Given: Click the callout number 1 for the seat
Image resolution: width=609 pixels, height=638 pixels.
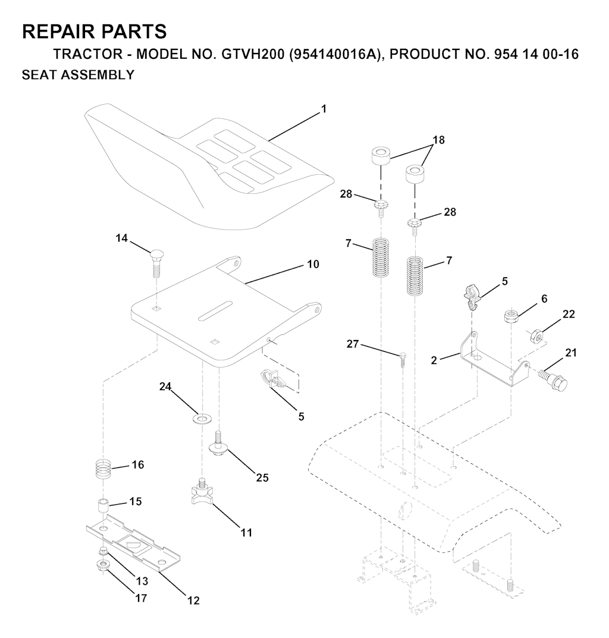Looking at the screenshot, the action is pyautogui.click(x=324, y=109).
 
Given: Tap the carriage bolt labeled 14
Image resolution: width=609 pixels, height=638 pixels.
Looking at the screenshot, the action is pyautogui.click(x=156, y=264).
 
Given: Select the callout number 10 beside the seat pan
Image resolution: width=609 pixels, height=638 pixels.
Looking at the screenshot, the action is pyautogui.click(x=313, y=264).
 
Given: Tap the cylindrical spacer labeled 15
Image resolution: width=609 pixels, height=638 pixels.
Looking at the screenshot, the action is pyautogui.click(x=102, y=507).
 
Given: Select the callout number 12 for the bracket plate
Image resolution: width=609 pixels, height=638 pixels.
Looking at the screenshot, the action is pyautogui.click(x=193, y=600).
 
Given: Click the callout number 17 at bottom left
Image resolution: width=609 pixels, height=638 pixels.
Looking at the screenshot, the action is pyautogui.click(x=141, y=598).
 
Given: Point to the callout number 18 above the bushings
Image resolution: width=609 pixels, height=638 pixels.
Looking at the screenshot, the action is pyautogui.click(x=438, y=140).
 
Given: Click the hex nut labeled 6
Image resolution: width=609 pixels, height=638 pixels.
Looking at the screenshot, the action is pyautogui.click(x=510, y=316).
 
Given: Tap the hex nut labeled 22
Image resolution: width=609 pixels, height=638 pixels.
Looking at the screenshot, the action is pyautogui.click(x=536, y=336).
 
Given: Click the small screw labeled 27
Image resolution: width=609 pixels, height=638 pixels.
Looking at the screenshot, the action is pyautogui.click(x=402, y=360).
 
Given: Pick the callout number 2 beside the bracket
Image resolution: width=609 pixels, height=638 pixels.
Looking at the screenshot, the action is pyautogui.click(x=434, y=360).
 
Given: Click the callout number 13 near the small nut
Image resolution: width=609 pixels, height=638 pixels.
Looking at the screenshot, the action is pyautogui.click(x=142, y=581).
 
